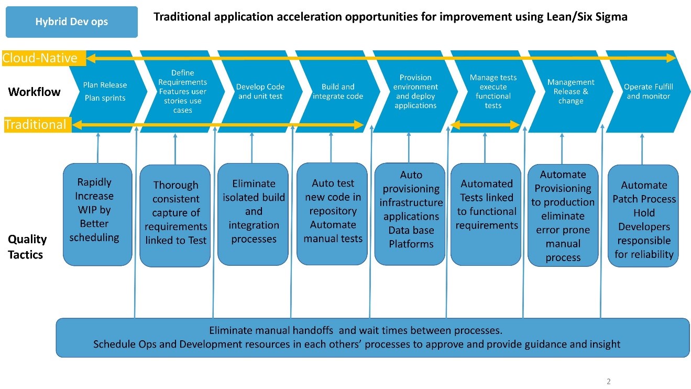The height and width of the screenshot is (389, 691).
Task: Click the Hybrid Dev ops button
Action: click(x=71, y=22)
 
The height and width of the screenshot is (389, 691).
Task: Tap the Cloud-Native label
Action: click(x=40, y=58)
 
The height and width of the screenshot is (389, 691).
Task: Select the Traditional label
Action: click(x=36, y=125)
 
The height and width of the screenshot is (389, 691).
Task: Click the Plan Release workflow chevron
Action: click(x=105, y=92)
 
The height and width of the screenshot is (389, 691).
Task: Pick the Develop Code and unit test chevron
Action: click(x=260, y=92)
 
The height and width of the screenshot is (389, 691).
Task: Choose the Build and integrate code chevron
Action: click(x=337, y=92)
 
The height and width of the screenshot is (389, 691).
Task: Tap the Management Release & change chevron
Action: click(x=571, y=92)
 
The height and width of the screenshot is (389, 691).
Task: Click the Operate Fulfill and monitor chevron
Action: click(x=648, y=92)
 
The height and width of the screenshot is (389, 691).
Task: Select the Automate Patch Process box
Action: click(x=644, y=215)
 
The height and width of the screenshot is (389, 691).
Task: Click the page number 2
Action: click(x=608, y=382)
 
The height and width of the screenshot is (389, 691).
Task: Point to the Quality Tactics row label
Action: click(x=27, y=247)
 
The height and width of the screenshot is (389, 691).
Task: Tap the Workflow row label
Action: click(x=34, y=92)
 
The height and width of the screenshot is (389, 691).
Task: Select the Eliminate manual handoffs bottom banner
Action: click(x=356, y=338)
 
